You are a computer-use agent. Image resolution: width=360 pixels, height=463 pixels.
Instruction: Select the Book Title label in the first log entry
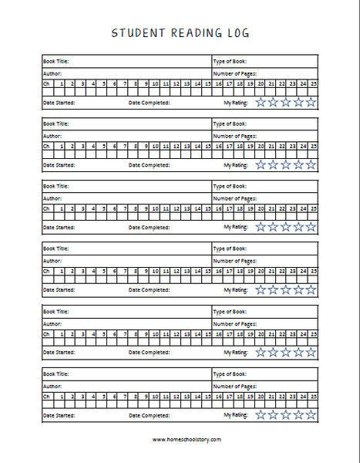[x=56, y=60]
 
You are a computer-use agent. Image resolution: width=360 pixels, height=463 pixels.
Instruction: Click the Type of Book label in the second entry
[x=229, y=123]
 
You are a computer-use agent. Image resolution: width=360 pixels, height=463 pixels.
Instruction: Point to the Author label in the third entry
[x=52, y=197]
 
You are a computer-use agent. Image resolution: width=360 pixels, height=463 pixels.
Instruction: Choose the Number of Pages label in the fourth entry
[x=235, y=260]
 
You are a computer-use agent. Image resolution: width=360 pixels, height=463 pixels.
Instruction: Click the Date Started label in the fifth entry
[x=59, y=353]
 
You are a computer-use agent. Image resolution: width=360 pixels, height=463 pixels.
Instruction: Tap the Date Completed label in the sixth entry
[x=149, y=415]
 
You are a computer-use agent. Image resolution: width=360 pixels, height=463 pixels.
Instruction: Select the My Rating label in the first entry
[x=235, y=102]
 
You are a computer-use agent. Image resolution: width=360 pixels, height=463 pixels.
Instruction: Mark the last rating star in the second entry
[x=311, y=164]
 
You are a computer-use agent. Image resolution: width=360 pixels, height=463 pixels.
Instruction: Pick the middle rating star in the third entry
[x=285, y=227]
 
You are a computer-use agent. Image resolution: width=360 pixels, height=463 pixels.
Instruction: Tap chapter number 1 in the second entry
[x=61, y=145]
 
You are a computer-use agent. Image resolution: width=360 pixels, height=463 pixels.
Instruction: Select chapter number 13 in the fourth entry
[x=187, y=271]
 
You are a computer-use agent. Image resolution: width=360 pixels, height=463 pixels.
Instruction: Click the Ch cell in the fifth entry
[x=47, y=333]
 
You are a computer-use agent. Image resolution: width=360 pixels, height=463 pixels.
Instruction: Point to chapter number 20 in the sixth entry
[x=261, y=396]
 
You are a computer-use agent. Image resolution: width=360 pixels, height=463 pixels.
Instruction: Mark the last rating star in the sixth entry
[x=311, y=414]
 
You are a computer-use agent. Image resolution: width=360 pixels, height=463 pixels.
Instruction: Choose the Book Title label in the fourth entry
[x=56, y=249]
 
